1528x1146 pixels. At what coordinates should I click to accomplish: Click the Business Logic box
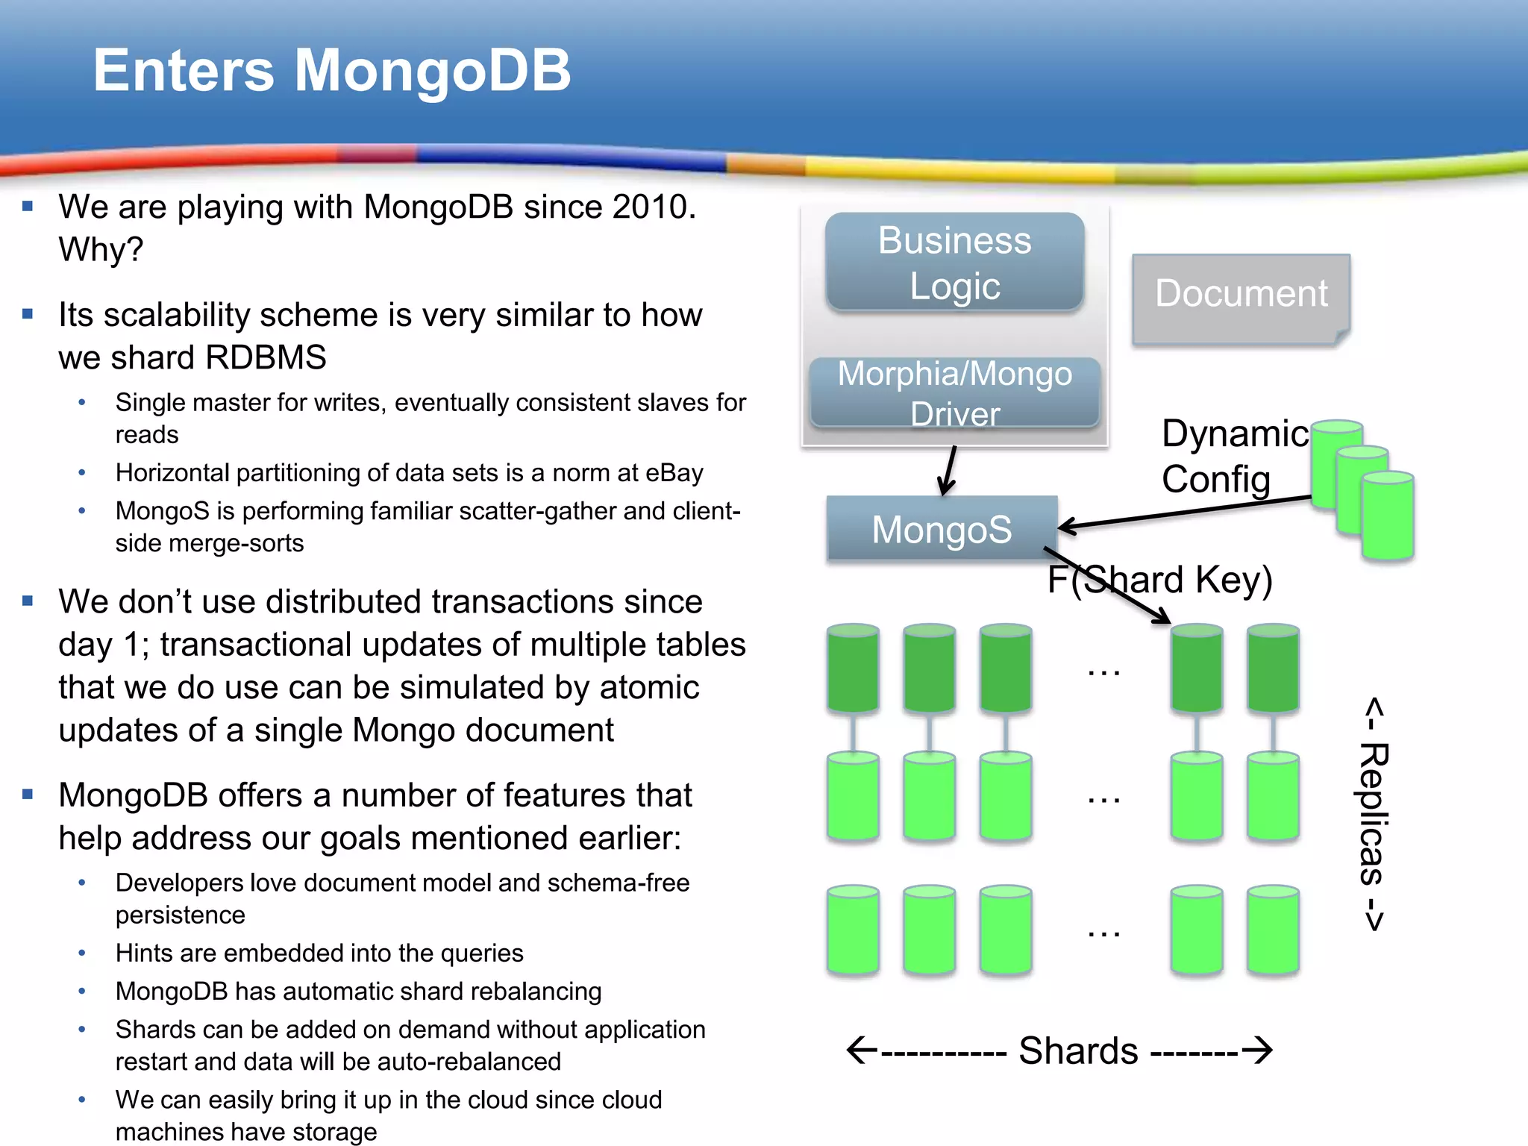[954, 263]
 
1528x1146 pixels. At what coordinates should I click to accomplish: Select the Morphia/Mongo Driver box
[954, 392]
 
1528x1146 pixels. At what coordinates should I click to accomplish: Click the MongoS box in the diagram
[942, 529]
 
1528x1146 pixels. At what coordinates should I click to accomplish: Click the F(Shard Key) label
[1159, 580]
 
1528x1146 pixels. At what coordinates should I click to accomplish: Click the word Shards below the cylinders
[1078, 1050]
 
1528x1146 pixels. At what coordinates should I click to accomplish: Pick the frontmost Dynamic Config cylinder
[1387, 516]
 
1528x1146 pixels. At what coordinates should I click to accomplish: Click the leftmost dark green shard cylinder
[853, 668]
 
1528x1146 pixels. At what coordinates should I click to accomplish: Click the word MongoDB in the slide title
[433, 71]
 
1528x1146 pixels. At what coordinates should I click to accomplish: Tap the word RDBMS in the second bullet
[266, 357]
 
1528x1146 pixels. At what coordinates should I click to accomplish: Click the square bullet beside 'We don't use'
[28, 601]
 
